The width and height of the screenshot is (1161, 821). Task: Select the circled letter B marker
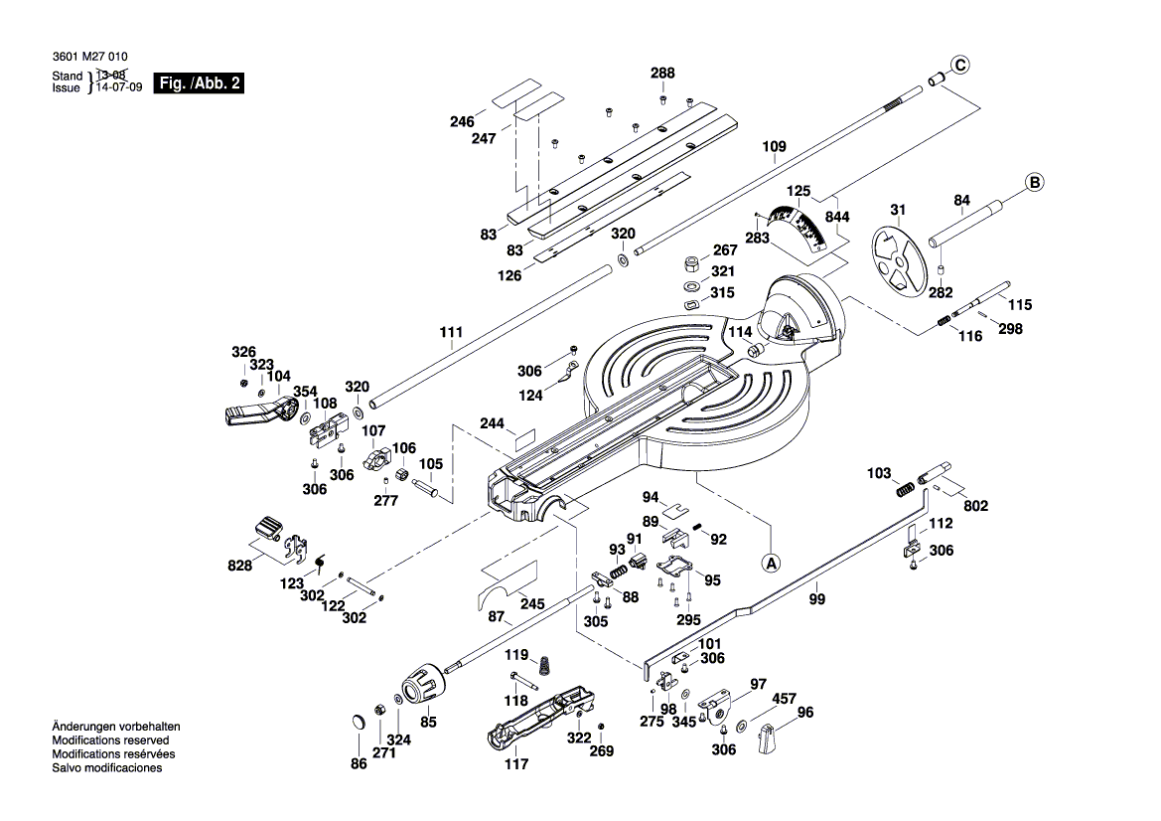1034,183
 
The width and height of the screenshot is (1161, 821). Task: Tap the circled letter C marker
958,66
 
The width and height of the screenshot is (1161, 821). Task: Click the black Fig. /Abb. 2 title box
200,83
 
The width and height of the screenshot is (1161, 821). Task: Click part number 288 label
662,74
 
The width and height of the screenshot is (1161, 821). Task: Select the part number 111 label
451,332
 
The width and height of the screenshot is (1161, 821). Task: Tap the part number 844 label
837,217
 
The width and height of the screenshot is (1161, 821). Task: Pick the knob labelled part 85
420,685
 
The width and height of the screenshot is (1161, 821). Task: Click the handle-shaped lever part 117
536,719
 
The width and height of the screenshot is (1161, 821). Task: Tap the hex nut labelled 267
690,264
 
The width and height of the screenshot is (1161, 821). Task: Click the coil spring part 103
903,489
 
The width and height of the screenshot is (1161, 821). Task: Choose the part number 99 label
816,598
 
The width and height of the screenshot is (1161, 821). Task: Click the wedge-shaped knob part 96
768,739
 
